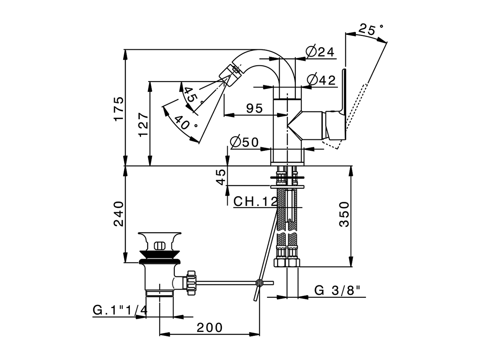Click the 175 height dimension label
(x=119, y=109)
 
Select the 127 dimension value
(x=144, y=124)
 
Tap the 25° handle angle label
(x=371, y=29)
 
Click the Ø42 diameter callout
(x=321, y=80)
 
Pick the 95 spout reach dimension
(x=255, y=108)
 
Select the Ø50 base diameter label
(x=244, y=142)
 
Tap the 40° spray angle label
(x=185, y=123)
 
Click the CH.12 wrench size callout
(x=255, y=201)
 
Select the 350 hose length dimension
(x=344, y=214)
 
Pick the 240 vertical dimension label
(x=119, y=214)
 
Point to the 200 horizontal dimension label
(x=210, y=327)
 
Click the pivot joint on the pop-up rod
(x=258, y=282)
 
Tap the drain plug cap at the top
(x=160, y=240)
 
